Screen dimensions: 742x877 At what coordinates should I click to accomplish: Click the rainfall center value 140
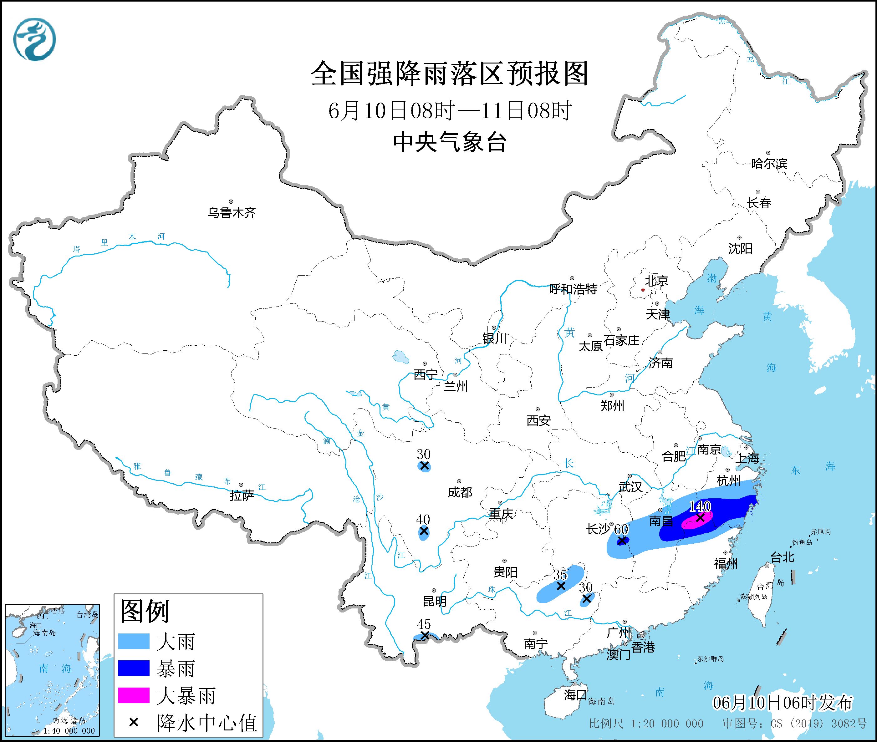tap(700, 506)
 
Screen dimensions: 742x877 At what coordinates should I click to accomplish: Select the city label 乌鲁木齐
tap(231, 212)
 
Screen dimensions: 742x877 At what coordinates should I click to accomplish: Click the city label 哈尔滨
tap(769, 163)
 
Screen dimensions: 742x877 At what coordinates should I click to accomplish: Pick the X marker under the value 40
tap(424, 531)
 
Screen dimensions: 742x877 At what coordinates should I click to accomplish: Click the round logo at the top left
tap(34, 39)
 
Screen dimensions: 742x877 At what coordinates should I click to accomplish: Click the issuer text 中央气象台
tap(450, 142)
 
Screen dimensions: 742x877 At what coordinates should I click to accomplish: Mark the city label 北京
tap(657, 281)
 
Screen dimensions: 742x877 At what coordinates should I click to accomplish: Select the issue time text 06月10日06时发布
tap(783, 703)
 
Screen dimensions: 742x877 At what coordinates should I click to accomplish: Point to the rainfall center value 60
tap(621, 529)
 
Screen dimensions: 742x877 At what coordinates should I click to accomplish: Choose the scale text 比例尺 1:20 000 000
tap(646, 724)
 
